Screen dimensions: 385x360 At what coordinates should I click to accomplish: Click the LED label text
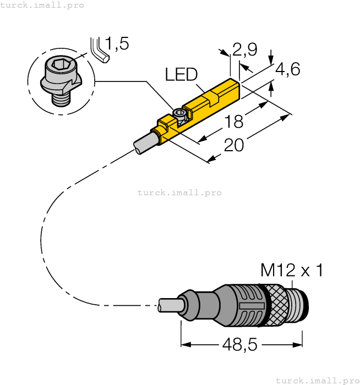(182, 75)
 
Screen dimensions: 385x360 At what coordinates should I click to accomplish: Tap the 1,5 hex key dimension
(117, 44)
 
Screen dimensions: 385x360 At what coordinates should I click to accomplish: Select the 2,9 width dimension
(244, 51)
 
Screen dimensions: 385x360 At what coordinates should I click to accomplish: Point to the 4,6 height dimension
(287, 70)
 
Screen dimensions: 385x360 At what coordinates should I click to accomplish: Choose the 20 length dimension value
(234, 145)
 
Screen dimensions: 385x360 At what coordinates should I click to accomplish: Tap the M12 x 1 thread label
(291, 271)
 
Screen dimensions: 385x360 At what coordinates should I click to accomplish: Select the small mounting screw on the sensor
(179, 114)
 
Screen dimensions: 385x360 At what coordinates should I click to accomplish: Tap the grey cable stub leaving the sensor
(145, 141)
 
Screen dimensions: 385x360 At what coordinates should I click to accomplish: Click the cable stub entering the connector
(170, 305)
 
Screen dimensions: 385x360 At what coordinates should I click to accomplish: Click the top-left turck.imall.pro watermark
(42, 5)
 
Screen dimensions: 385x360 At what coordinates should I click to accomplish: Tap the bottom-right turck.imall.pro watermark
(318, 380)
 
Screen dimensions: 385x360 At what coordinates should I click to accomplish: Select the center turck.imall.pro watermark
(179, 193)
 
